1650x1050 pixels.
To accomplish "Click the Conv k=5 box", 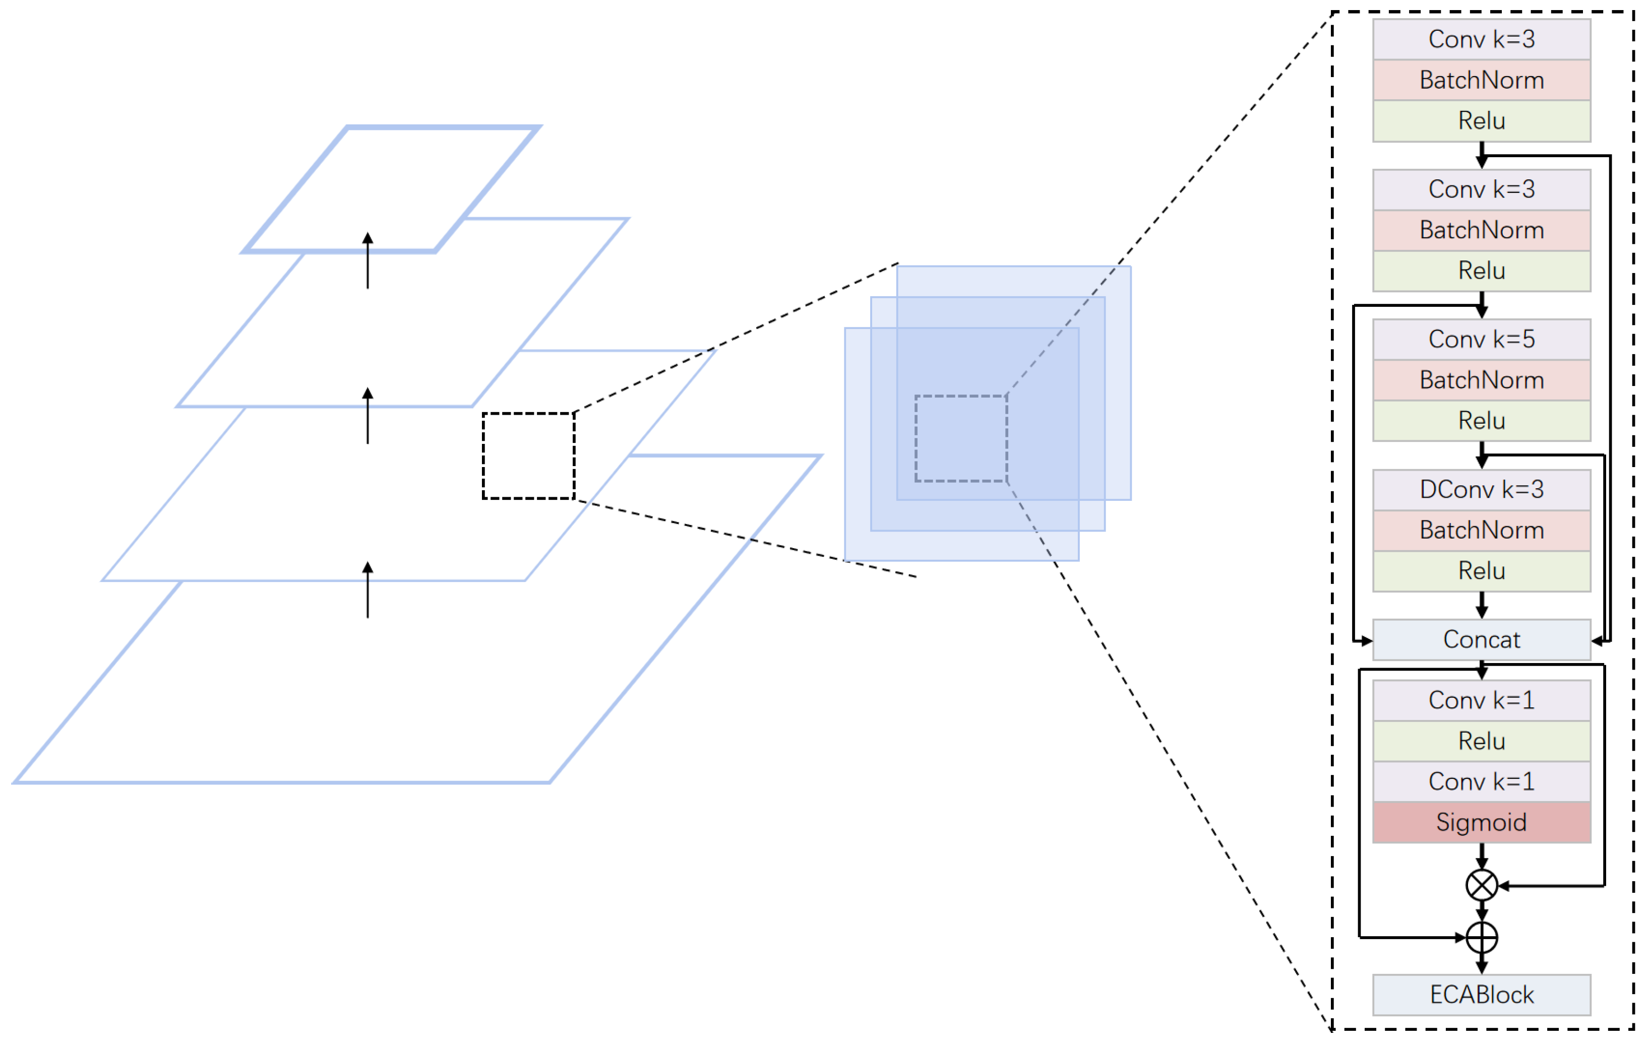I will [x=1482, y=340].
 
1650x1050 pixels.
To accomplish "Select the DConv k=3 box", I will [x=1482, y=490].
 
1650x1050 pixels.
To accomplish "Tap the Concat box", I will [x=1482, y=640].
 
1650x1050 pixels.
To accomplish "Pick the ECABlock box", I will [x=1482, y=995].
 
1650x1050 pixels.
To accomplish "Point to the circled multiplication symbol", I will [x=1482, y=886].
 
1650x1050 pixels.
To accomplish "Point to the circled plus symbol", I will [x=1482, y=938].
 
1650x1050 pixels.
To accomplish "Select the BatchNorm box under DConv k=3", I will [x=1482, y=530].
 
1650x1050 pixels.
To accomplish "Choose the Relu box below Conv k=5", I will [x=1482, y=421].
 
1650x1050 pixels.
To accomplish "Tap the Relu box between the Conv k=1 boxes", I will [x=1482, y=741].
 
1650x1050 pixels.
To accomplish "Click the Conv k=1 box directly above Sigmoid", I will [x=1482, y=781].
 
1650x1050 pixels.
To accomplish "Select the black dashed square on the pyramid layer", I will [x=528, y=456].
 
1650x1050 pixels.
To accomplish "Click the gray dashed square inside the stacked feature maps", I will [x=961, y=438].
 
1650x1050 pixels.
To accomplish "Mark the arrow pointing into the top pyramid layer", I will [x=368, y=260].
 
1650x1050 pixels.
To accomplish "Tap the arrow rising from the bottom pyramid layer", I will [x=368, y=589].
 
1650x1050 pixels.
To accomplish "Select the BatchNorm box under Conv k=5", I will [x=1482, y=380].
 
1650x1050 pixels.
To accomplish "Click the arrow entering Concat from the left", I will [x=1362, y=641].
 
